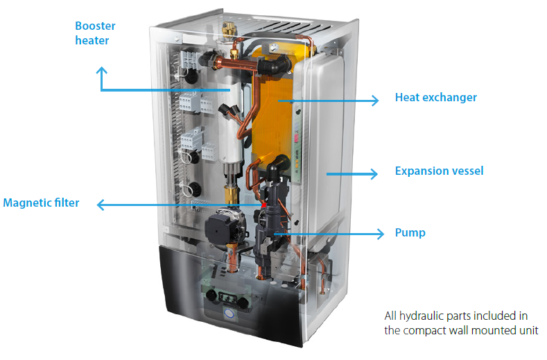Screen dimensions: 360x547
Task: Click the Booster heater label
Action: click(95, 33)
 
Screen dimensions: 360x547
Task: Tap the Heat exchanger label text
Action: click(435, 98)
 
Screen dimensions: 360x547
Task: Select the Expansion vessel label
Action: click(439, 171)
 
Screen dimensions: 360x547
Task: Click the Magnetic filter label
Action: click(41, 203)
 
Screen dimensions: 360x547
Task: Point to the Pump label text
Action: click(410, 233)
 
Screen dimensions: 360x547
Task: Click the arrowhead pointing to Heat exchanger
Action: click(376, 100)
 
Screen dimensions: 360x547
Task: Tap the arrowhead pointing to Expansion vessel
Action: click(376, 173)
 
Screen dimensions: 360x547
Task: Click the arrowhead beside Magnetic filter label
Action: click(101, 205)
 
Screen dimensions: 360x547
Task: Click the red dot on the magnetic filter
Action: click(264, 205)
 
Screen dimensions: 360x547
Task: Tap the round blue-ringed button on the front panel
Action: click(229, 314)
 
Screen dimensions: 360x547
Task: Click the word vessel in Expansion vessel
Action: click(467, 171)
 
